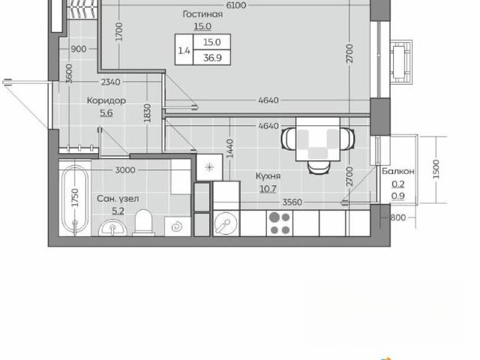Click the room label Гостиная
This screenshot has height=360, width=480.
tap(202, 14)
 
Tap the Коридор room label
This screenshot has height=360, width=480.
tap(106, 100)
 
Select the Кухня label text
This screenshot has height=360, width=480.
tap(268, 176)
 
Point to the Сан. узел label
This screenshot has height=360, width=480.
tap(118, 199)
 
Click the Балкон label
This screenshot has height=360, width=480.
tap(398, 171)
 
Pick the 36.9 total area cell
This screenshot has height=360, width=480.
tap(212, 58)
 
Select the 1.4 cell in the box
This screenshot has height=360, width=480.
tap(184, 50)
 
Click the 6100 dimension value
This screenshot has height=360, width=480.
tap(236, 5)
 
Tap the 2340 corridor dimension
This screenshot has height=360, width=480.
tap(110, 82)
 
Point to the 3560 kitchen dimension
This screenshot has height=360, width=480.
tap(292, 202)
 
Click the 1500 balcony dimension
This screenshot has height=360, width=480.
tap(436, 169)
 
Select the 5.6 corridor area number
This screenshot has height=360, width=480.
tap(106, 112)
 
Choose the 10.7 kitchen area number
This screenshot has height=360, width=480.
tap(268, 189)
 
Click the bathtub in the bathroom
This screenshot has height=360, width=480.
tap(75, 199)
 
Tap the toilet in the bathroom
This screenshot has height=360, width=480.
tap(143, 223)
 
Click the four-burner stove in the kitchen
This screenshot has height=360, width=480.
tap(279, 223)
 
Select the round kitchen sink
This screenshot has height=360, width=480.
tap(226, 223)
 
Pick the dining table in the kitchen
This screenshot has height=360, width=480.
tap(318, 139)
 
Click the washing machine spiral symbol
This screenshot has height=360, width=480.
tap(178, 226)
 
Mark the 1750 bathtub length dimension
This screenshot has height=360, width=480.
tap(75, 198)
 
